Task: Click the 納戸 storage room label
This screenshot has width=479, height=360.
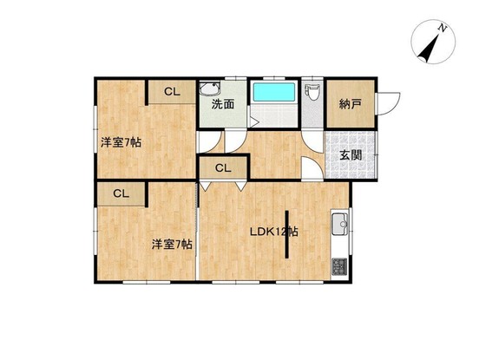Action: click(x=350, y=104)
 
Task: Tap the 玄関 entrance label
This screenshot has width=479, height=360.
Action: click(x=351, y=155)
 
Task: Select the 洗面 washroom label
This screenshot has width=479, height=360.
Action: click(x=223, y=104)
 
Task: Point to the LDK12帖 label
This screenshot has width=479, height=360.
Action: click(x=274, y=232)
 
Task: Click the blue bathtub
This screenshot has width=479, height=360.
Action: click(x=274, y=92)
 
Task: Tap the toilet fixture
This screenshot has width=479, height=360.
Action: click(x=312, y=93)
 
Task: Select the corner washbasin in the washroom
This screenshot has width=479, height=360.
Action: click(x=209, y=88)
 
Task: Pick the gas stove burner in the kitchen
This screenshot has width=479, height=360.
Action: click(x=339, y=266)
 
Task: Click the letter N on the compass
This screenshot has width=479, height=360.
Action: click(x=442, y=29)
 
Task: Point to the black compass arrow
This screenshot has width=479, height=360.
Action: click(x=429, y=47)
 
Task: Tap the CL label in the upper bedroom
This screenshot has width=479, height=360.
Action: click(x=173, y=92)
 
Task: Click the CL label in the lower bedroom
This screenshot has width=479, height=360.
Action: click(x=121, y=193)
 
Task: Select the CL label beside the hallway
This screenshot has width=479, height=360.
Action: click(x=223, y=168)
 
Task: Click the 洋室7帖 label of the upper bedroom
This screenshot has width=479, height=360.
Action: click(x=121, y=142)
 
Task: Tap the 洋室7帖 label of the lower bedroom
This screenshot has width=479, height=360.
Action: click(x=173, y=245)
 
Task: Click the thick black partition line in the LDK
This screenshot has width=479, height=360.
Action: click(x=287, y=234)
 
